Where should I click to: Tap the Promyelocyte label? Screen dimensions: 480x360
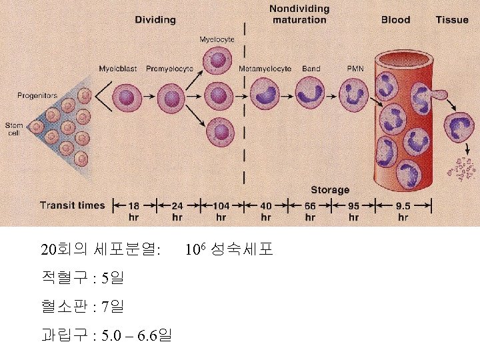[x=169, y=69]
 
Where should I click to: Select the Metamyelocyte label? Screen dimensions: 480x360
[x=265, y=69]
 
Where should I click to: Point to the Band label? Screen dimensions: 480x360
[x=311, y=69]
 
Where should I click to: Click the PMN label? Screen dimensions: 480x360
[x=355, y=69]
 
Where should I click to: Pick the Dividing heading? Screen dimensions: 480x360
[x=155, y=20]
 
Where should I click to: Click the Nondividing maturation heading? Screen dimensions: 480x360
[x=299, y=14]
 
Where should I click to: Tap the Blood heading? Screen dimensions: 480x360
[x=395, y=20]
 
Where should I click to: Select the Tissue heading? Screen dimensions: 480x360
[x=452, y=20]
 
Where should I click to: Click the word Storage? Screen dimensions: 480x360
[x=329, y=190]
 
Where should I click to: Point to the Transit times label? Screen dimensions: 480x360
[x=72, y=205]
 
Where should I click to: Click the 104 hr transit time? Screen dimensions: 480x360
[x=221, y=211]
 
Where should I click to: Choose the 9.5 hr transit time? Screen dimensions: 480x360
[x=403, y=211]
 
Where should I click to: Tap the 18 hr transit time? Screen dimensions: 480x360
[x=133, y=211]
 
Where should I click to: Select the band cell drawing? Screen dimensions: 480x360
[x=309, y=93]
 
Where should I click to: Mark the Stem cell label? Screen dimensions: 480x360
[x=13, y=129]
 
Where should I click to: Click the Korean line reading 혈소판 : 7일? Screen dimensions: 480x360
[x=82, y=307]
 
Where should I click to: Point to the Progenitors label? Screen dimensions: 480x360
[x=37, y=96]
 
